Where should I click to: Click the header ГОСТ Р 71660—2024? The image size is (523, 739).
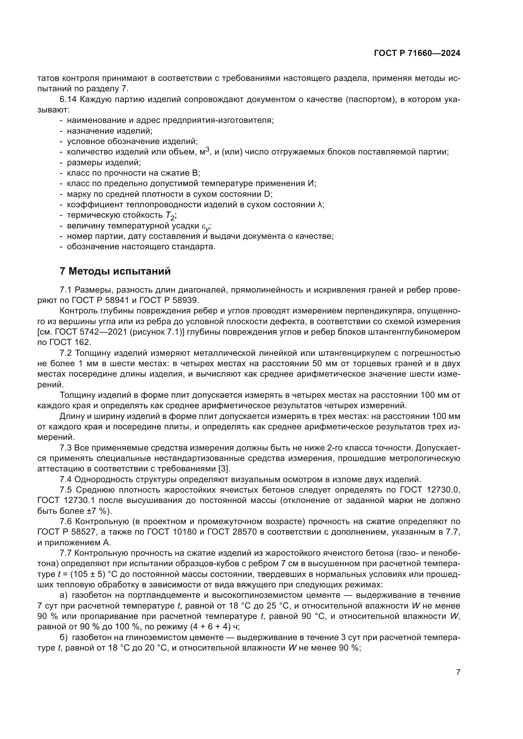click(417, 53)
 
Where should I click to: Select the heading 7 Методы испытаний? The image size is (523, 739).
click(115, 271)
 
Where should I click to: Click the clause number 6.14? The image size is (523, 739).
click(68, 100)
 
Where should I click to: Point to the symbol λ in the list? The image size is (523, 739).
click(320, 205)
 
